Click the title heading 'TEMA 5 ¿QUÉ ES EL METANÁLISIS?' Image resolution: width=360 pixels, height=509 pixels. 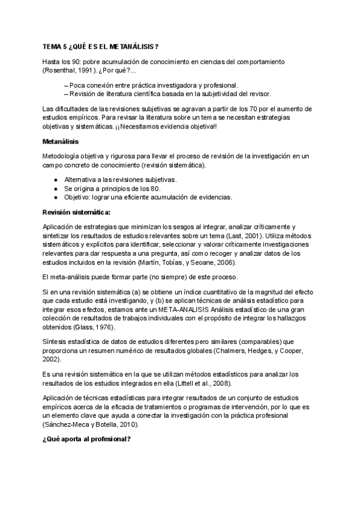point(101,46)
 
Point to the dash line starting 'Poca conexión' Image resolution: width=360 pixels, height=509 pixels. point(153,85)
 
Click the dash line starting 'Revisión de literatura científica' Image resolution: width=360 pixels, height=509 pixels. point(170,93)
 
